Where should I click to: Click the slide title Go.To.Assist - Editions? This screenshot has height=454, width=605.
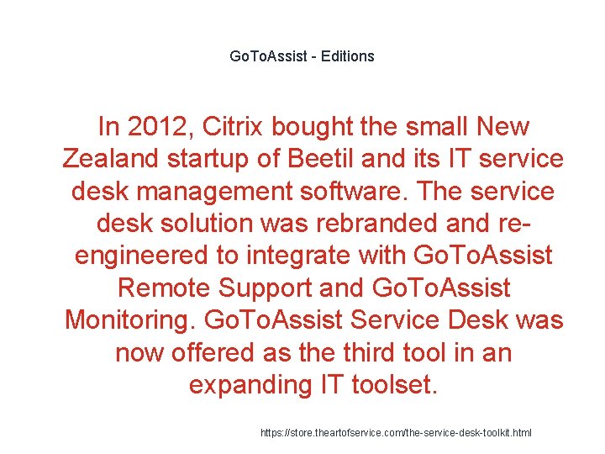[x=302, y=56]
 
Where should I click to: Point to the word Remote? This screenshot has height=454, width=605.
[x=165, y=288]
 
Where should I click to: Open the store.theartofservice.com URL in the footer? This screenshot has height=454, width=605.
[x=395, y=433]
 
